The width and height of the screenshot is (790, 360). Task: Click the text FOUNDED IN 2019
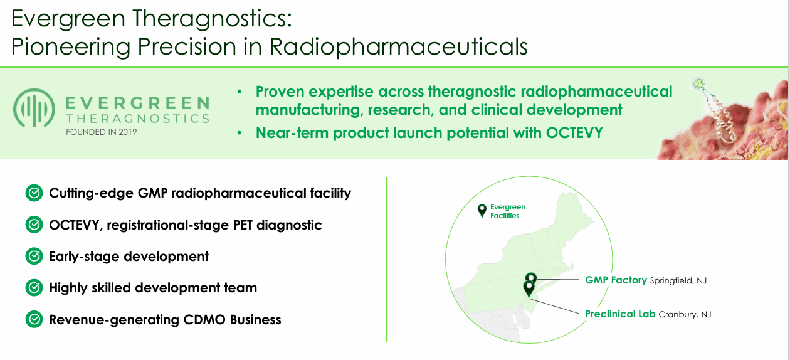101,132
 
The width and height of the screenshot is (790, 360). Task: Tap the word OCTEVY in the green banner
572,133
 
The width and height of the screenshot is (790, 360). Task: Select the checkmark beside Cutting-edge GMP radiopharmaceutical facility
34,193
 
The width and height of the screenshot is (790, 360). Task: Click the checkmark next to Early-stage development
34,257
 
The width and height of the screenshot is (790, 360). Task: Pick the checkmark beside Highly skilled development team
34,288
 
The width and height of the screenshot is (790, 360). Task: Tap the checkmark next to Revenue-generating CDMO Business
34,319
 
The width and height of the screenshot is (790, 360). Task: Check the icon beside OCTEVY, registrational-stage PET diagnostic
34,225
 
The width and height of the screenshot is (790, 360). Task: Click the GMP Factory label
616,280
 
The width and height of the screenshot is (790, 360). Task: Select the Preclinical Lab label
620,314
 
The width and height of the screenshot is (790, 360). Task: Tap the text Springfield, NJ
678,281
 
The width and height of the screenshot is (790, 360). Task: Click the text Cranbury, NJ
685,315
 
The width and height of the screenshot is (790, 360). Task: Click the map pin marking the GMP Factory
531,278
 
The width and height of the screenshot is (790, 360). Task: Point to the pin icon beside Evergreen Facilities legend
482,211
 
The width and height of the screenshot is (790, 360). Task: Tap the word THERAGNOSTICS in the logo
137,119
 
